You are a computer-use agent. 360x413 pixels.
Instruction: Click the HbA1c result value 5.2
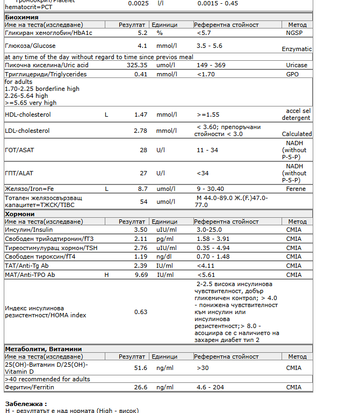pos(142,33)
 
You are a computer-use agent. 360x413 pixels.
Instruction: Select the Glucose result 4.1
pos(142,46)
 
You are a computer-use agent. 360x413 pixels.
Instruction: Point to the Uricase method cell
pos(297,65)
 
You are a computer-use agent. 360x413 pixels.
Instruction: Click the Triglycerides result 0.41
pos(140,74)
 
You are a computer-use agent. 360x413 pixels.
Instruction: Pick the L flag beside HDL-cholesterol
pos(106,115)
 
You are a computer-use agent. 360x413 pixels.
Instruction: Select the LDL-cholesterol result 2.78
pos(140,131)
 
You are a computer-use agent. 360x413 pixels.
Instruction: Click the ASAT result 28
pos(143,150)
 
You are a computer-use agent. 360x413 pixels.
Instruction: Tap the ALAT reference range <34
pos(203,173)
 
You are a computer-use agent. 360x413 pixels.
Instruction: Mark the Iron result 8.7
pos(142,189)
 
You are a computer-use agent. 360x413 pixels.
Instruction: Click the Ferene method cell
pos(297,189)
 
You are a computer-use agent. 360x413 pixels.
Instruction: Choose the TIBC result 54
pos(143,202)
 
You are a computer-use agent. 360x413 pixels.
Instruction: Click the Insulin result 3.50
pos(140,230)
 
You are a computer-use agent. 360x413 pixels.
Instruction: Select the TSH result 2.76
pos(140,248)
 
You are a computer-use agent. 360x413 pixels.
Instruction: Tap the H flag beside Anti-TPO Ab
pos(106,275)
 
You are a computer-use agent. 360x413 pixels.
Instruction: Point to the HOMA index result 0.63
pos(140,312)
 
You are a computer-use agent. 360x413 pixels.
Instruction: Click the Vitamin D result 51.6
pos(140,368)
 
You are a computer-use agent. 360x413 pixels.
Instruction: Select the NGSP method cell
pos(295,33)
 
